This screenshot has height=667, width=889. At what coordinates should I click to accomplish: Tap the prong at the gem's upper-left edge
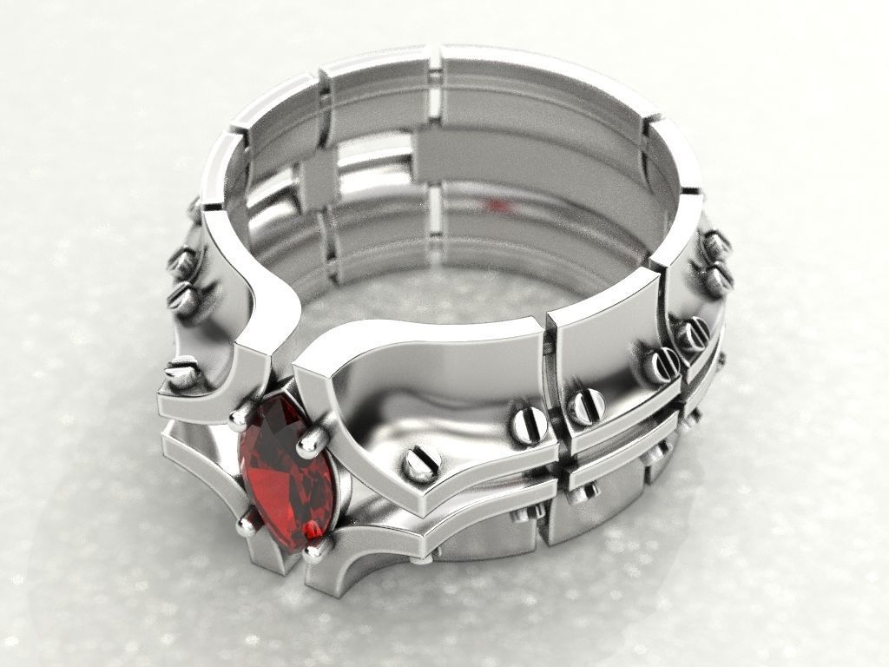pos(236,420)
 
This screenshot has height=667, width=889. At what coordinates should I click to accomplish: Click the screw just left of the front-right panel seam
pos(529,422)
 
